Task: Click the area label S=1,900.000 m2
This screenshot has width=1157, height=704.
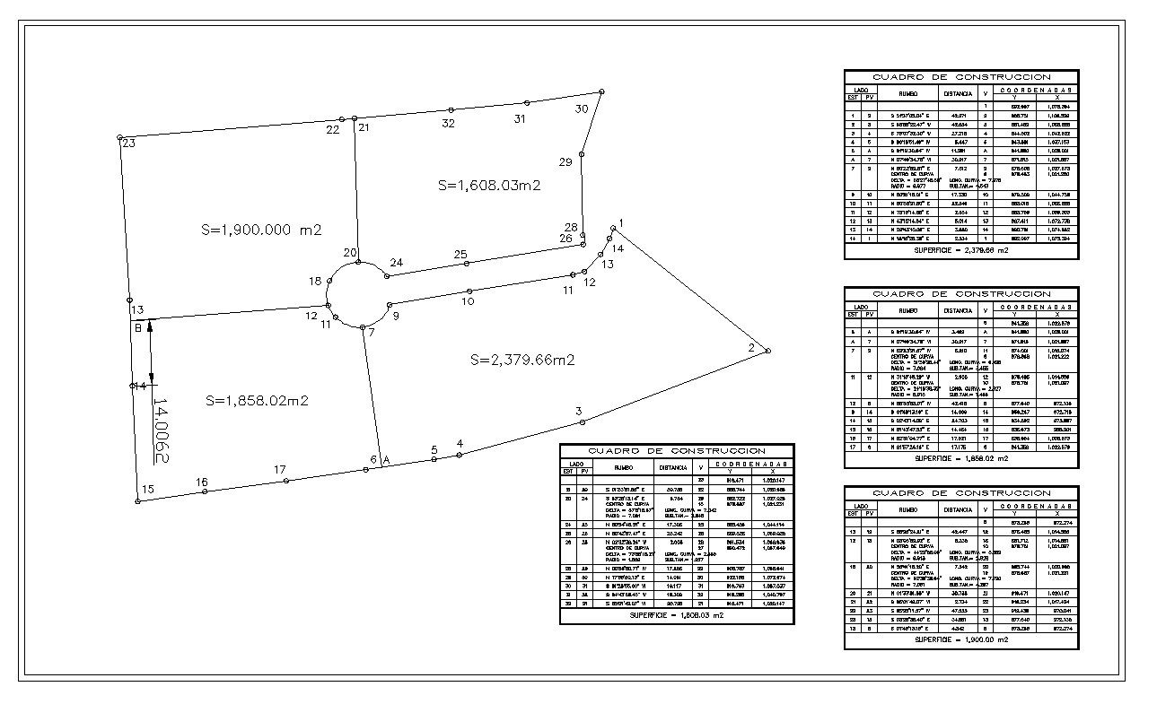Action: (x=261, y=230)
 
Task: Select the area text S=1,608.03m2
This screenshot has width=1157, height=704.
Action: (x=489, y=185)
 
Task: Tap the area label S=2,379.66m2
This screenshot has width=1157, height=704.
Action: (x=522, y=360)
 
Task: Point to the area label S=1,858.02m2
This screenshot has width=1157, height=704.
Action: (x=257, y=401)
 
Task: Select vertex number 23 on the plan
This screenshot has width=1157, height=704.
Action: (x=128, y=143)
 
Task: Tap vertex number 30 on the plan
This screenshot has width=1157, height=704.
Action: (x=582, y=109)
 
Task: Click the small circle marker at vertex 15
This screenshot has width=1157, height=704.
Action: (x=137, y=501)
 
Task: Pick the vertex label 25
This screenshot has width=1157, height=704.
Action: (x=460, y=255)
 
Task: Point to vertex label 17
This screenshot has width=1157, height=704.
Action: (x=280, y=470)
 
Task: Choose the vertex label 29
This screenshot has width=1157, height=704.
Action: (x=565, y=162)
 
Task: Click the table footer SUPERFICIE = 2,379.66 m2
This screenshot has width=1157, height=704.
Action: (x=960, y=250)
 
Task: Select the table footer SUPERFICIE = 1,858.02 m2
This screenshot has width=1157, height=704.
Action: (x=960, y=458)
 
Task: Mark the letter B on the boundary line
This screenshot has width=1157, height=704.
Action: (x=138, y=328)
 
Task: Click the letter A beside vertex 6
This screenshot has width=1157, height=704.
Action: (x=386, y=460)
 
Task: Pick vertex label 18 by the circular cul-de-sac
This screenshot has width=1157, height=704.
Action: (x=315, y=282)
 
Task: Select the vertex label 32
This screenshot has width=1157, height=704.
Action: (x=448, y=124)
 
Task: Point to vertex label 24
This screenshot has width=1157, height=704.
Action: (x=396, y=263)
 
